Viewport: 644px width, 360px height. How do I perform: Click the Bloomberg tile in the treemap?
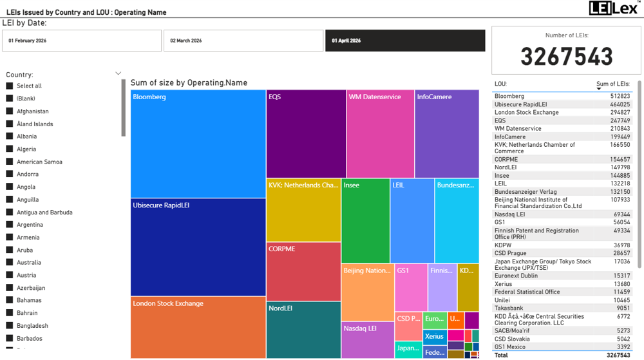[198, 144]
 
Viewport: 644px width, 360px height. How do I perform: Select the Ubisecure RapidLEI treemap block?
[198, 247]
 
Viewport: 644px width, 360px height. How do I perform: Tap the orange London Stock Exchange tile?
[198, 327]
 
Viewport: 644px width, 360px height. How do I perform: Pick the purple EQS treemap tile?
[306, 134]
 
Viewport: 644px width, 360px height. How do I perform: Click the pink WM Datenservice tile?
[380, 134]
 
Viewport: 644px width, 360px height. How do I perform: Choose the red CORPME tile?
[303, 271]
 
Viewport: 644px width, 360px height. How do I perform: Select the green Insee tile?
[365, 221]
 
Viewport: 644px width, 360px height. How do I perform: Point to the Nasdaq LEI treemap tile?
[367, 340]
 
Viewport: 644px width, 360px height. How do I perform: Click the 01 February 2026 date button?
[81, 41]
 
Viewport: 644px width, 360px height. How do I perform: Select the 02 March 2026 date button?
[243, 41]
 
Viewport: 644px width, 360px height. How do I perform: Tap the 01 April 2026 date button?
[404, 41]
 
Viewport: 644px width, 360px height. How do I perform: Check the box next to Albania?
[10, 137]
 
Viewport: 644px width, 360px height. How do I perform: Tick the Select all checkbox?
[10, 86]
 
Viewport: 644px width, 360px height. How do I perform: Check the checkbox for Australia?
[10, 263]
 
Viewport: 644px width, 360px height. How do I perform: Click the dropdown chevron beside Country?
[118, 74]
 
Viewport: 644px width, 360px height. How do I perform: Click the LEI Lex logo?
[614, 8]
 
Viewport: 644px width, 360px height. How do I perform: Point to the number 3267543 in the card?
[567, 57]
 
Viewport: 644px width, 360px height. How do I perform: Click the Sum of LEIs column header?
[612, 84]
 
